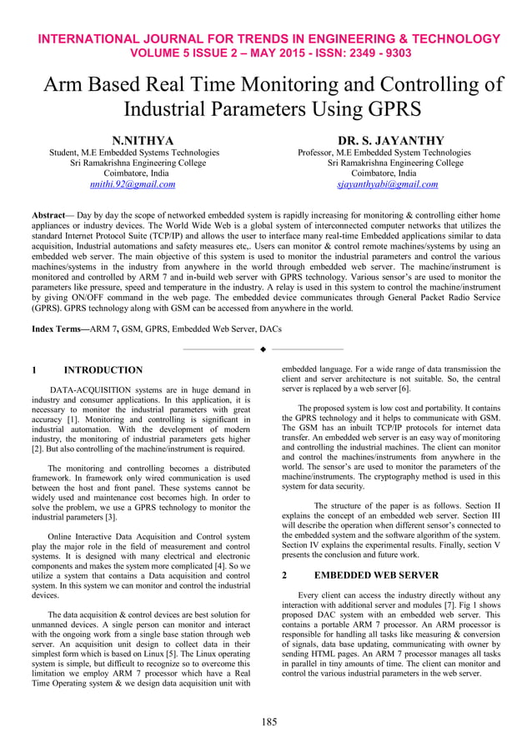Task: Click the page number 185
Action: (x=266, y=721)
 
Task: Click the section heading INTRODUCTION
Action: (x=103, y=369)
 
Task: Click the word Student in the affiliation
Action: (x=64, y=153)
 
